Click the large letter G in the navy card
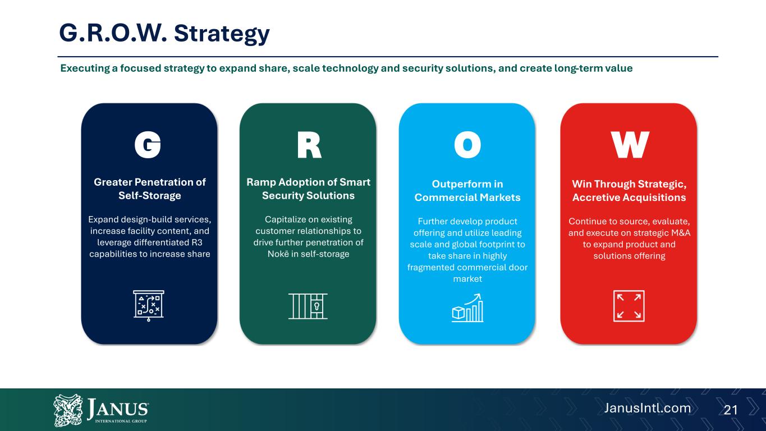148,145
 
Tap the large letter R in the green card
309,145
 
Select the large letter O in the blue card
467,145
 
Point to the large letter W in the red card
630,145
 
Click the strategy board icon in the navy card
148,305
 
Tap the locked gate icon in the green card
308,306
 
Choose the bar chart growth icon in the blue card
467,308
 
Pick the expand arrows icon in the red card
629,306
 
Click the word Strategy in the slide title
222,34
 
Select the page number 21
731,410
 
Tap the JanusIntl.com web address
648,408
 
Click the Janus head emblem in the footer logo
68,410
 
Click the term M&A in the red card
681,233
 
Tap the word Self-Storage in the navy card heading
150,196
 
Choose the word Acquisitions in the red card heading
657,198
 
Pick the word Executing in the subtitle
85,68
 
